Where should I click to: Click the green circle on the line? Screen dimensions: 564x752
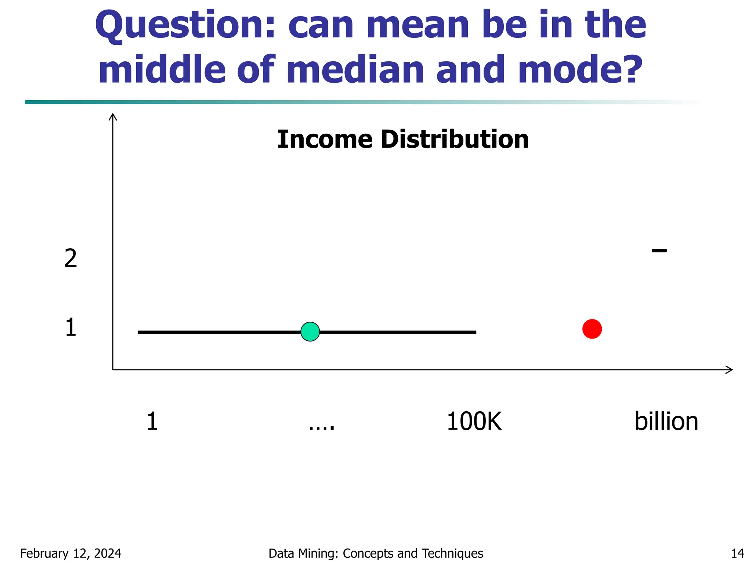pyautogui.click(x=310, y=332)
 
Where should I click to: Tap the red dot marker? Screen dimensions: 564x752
pyautogui.click(x=592, y=329)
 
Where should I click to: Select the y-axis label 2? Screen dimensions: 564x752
pyautogui.click(x=70, y=258)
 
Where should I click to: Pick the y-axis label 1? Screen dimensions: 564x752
pyautogui.click(x=70, y=328)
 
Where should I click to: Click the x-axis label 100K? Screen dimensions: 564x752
pyautogui.click(x=474, y=422)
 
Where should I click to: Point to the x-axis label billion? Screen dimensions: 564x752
pyautogui.click(x=666, y=422)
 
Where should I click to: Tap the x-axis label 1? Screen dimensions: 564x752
pyautogui.click(x=152, y=422)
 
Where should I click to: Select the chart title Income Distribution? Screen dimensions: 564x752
pyautogui.click(x=403, y=140)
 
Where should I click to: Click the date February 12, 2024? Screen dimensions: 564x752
pyautogui.click(x=70, y=553)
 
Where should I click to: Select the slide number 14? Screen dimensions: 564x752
pyautogui.click(x=737, y=553)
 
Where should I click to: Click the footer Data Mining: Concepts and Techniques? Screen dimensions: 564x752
pyautogui.click(x=376, y=553)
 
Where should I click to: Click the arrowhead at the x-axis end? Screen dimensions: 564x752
pyautogui.click(x=730, y=370)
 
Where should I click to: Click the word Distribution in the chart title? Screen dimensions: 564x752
pyautogui.click(x=455, y=140)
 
